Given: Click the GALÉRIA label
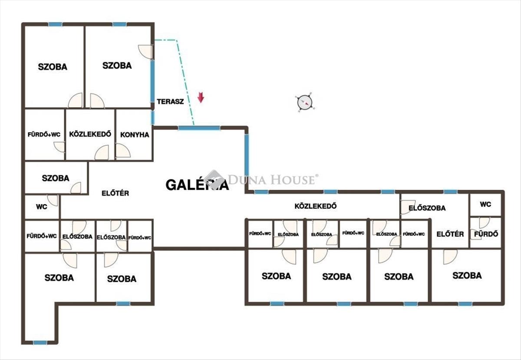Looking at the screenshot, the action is (197, 185).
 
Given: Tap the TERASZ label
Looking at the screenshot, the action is (170, 102).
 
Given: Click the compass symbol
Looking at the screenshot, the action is (305, 102).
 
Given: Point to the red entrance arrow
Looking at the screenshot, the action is (201, 97).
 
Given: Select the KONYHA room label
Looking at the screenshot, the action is (135, 135).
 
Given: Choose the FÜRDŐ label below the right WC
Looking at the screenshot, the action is (486, 234).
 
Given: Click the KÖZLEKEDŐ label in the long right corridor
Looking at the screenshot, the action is (316, 206).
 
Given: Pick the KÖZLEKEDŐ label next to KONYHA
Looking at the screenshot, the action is (90, 134).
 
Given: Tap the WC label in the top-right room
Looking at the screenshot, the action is (485, 205).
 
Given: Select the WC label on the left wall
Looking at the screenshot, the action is (42, 207).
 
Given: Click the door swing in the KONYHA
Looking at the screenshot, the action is (123, 151).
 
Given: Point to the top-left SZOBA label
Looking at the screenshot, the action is (53, 67).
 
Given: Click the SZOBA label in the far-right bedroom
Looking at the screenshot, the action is (467, 275).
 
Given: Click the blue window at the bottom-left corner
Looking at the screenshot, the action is (40, 343).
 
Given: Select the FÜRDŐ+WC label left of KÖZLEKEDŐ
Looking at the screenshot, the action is (44, 135).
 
